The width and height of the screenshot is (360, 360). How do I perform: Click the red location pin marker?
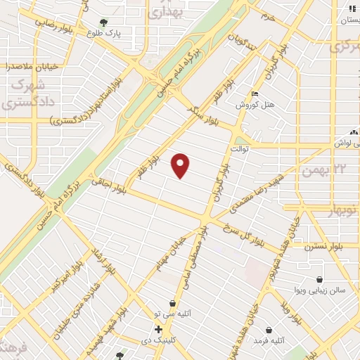tap(181, 165)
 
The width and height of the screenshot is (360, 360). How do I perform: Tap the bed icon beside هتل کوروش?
tap(255, 94)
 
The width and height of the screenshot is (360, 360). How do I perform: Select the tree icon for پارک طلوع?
tap(104, 22)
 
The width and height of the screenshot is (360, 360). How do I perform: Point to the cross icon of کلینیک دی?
tap(159, 329)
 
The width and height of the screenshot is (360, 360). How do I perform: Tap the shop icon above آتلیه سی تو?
tap(172, 304)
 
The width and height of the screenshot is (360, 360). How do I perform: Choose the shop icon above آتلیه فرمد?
tap(269, 329)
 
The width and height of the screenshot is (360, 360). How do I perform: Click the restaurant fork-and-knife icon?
tap(351, 8)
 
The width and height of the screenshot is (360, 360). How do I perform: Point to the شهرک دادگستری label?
tap(19, 95)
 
